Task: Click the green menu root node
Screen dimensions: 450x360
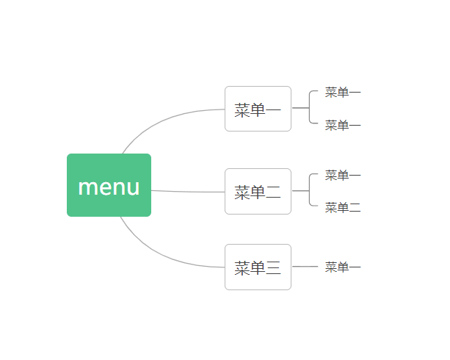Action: coord(109,185)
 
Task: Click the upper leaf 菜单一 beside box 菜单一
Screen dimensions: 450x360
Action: coord(343,93)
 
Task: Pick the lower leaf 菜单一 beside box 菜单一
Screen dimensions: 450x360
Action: coord(343,126)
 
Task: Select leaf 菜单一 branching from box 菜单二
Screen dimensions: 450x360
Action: coord(343,175)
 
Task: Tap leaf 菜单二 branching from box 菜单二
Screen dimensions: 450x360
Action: coord(343,207)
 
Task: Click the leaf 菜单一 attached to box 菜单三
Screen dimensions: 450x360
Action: coord(343,267)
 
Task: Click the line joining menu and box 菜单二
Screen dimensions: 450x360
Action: coord(188,192)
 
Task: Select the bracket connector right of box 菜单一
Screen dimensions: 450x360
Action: coord(309,108)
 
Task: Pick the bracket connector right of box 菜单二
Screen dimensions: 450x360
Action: coord(309,190)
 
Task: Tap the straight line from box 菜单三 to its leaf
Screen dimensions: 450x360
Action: coord(305,267)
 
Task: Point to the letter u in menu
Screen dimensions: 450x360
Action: coord(133,188)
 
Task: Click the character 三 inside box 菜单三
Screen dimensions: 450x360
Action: coord(273,267)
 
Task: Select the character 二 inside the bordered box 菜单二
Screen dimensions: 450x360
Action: coord(273,192)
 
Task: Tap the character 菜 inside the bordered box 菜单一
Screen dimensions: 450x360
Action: coord(242,110)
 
